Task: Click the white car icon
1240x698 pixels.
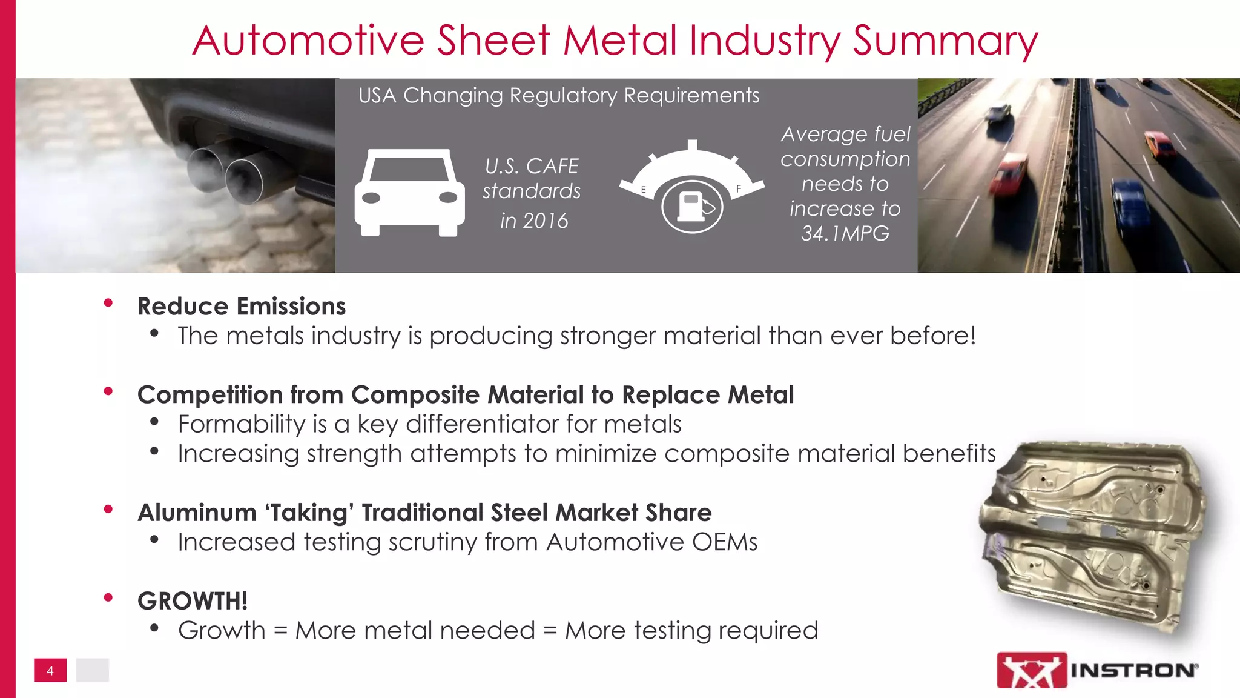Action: coord(410,193)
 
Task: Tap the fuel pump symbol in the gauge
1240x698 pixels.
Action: coord(691,206)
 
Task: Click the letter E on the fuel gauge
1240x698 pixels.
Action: coord(643,190)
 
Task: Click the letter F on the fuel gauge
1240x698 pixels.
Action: coord(739,189)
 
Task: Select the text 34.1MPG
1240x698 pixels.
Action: coord(845,233)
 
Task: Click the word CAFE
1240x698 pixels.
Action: coord(552,166)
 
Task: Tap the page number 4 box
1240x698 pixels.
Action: coord(50,671)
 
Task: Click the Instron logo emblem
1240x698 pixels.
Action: coord(1032,670)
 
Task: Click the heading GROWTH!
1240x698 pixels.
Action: coord(193,601)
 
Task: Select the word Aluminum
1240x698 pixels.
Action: coord(197,513)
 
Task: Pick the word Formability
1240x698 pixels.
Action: coord(242,424)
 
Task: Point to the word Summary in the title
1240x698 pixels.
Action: coord(945,41)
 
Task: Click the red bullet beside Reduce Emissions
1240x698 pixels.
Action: coord(108,303)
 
